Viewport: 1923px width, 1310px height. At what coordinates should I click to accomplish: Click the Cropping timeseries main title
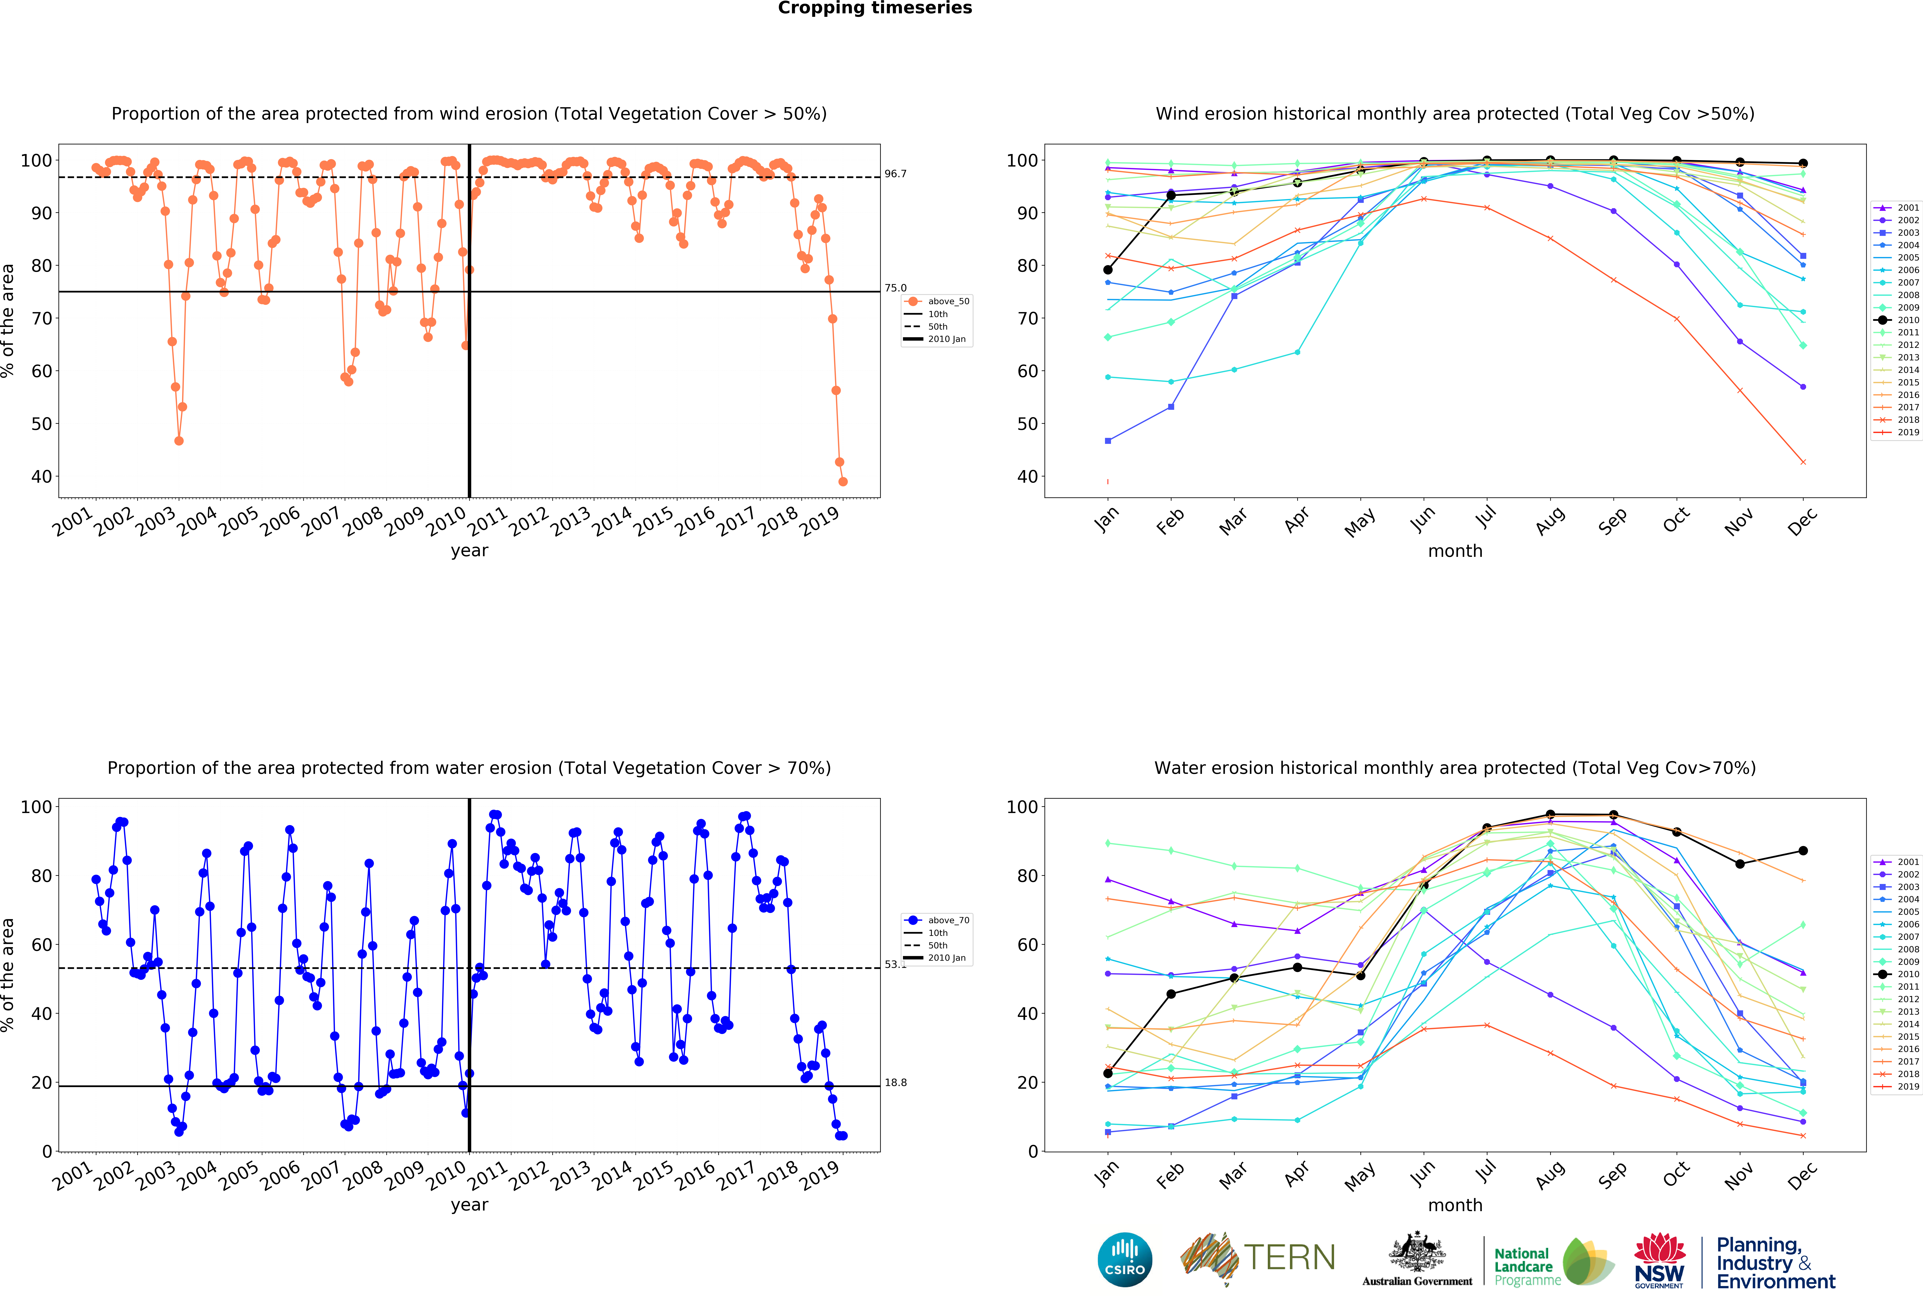[875, 8]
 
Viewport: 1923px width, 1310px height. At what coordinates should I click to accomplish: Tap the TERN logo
[1258, 1258]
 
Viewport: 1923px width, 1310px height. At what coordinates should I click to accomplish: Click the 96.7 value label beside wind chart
[895, 174]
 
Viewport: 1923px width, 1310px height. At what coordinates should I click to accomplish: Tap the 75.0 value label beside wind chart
[895, 288]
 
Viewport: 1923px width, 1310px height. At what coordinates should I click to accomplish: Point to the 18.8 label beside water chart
[895, 1083]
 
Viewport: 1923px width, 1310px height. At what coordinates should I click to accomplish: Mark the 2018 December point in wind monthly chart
[1803, 461]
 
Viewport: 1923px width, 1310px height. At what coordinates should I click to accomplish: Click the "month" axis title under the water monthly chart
[1455, 1205]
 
